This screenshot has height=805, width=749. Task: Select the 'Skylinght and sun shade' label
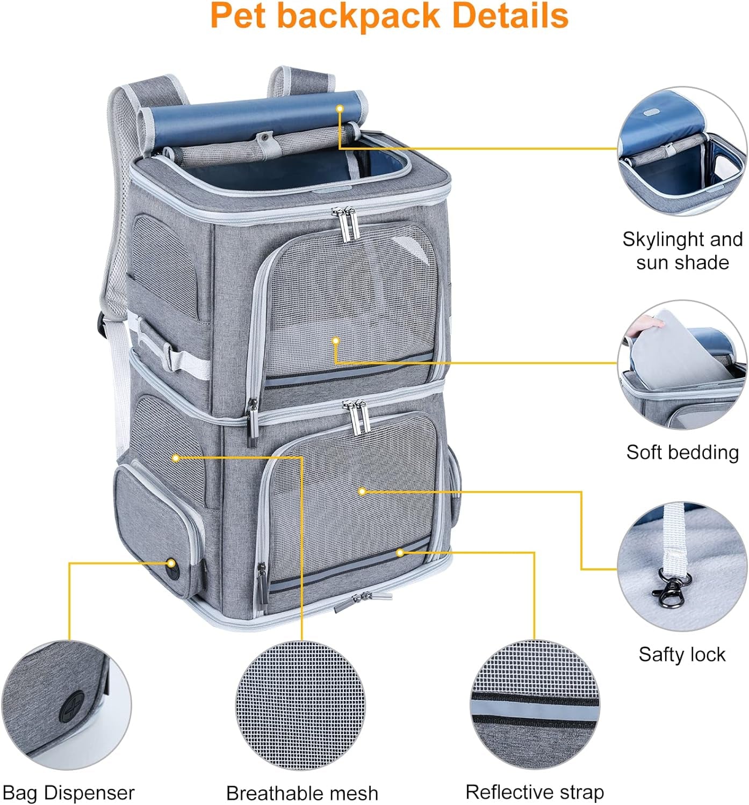[682, 251]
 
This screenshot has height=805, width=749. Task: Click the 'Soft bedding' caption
[682, 452]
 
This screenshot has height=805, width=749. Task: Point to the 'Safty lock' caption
[681, 654]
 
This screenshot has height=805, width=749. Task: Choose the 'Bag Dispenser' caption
[68, 793]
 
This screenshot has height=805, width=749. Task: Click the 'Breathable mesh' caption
[302, 793]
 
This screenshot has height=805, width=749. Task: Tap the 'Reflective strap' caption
[534, 792]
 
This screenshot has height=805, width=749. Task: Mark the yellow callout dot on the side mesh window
[176, 458]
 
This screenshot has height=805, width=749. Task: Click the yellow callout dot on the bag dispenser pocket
[171, 563]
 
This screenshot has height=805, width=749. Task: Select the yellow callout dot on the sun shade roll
[340, 108]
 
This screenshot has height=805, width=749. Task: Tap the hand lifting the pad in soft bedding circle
[639, 325]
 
